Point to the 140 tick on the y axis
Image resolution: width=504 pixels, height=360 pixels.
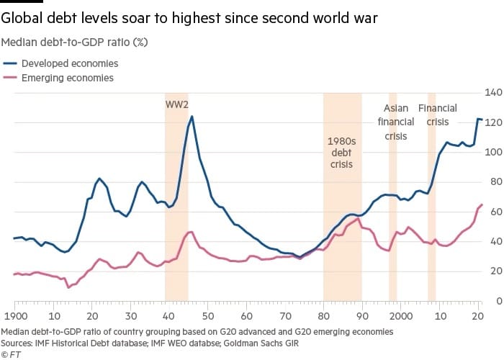(x=492, y=92)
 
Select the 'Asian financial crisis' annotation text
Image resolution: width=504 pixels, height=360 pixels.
(x=395, y=122)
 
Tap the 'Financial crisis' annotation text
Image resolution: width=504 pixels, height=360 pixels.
(x=437, y=115)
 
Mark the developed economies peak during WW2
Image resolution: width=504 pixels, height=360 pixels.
(x=192, y=117)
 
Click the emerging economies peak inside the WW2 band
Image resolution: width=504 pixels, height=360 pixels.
(x=189, y=232)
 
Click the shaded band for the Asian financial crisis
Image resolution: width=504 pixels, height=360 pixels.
(x=392, y=216)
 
